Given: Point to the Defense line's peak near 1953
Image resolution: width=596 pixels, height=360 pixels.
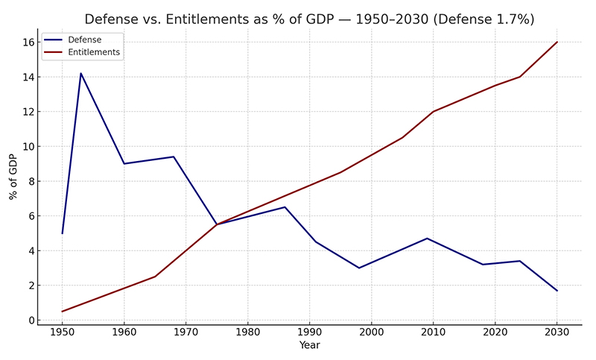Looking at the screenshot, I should (x=80, y=73).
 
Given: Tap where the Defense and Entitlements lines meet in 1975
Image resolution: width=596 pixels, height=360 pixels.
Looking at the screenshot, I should (x=217, y=224).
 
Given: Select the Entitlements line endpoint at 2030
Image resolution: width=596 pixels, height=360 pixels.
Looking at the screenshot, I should (x=557, y=42).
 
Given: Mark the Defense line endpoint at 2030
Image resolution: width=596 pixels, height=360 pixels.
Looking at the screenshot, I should (x=557, y=291).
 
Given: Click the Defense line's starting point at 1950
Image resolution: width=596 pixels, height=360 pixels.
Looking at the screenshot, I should (x=62, y=233).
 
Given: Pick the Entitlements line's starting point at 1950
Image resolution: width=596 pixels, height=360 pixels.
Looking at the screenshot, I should (x=62, y=312).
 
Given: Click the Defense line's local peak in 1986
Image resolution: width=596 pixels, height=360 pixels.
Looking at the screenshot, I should (x=285, y=207).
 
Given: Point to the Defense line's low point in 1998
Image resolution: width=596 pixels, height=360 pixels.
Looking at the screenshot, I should (x=359, y=268).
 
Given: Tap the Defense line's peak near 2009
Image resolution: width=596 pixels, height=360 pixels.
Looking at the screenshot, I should (x=427, y=239).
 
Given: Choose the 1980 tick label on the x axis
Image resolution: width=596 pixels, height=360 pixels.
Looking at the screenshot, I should (x=247, y=333).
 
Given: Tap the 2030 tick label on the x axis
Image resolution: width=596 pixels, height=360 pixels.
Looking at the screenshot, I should (x=557, y=333).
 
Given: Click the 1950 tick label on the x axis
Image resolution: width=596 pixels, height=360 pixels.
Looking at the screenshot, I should (x=62, y=333).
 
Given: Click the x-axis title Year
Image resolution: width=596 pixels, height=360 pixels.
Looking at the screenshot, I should (x=309, y=346).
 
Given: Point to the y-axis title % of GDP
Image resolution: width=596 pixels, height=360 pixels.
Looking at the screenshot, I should (x=13, y=177).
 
